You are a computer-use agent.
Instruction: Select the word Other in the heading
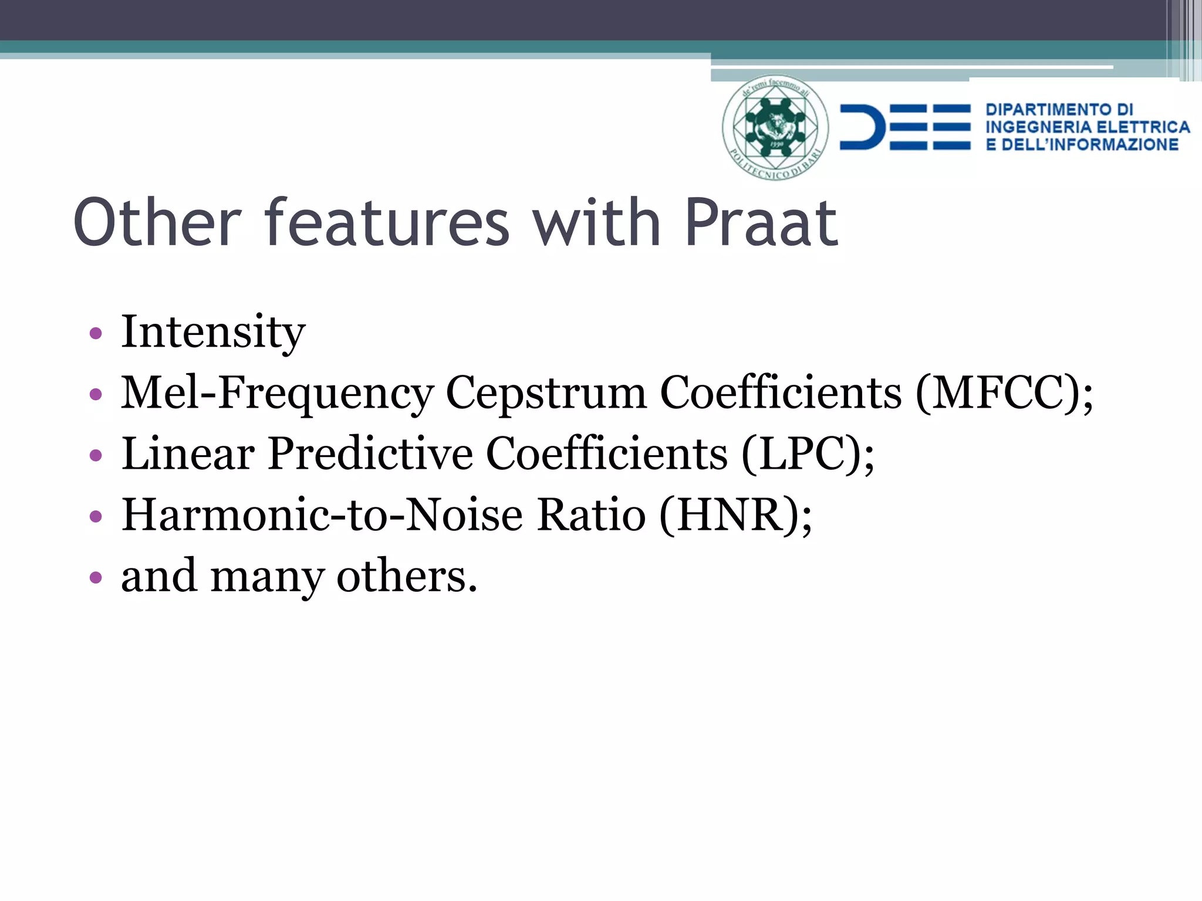pos(157,223)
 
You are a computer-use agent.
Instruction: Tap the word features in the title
pos(387,223)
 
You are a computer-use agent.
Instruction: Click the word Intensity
pos(213,333)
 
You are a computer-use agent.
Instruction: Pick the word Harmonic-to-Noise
pos(322,515)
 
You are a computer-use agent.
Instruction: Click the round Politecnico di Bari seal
pos(775,127)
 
